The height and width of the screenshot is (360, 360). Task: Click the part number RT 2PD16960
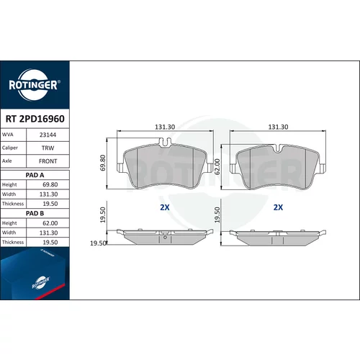pyautogui.click(x=35, y=119)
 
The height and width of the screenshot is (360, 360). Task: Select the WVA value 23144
pyautogui.click(x=48, y=135)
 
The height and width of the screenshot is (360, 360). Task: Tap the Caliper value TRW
pyautogui.click(x=48, y=148)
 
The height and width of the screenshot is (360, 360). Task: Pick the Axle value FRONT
pyautogui.click(x=48, y=161)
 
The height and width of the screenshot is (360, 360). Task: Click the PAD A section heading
pyautogui.click(x=35, y=175)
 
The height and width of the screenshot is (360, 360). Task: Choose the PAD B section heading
pyautogui.click(x=35, y=213)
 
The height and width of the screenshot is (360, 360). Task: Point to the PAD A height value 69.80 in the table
pyautogui.click(x=50, y=184)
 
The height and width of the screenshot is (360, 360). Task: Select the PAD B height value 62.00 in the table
pyautogui.click(x=50, y=223)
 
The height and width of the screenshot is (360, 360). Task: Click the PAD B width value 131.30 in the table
pyautogui.click(x=49, y=233)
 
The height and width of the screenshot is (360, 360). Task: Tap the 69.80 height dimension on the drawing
pyautogui.click(x=103, y=163)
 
